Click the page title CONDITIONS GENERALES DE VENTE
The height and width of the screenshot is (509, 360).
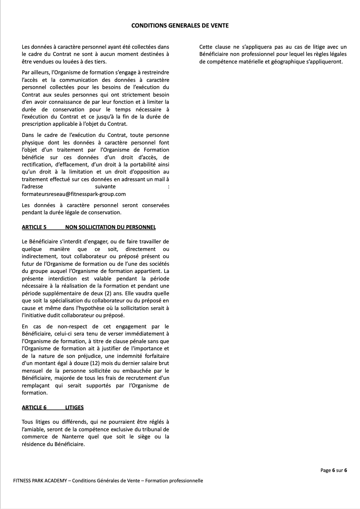[x=180, y=26]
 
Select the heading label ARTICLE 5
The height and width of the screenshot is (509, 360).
[x=34, y=227]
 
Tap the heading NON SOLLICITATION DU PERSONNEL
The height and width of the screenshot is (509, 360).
[x=110, y=227]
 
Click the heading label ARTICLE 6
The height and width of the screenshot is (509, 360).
[x=34, y=407]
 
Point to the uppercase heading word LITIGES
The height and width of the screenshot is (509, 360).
[x=75, y=407]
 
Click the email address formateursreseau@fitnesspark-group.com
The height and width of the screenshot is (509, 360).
[x=74, y=194]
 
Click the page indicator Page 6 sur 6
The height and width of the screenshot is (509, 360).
[x=334, y=470]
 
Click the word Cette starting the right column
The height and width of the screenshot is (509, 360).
[x=207, y=47]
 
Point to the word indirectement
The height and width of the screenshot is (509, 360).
[x=40, y=256]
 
